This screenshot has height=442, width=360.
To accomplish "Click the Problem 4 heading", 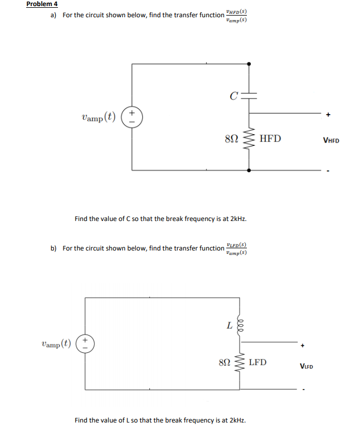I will pyautogui.click(x=42, y=4).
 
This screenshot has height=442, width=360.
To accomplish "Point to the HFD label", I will pyautogui.click(x=271, y=139).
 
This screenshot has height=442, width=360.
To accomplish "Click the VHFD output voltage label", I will pyautogui.click(x=330, y=140).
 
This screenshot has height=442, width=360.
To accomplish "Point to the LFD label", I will pyautogui.click(x=257, y=362).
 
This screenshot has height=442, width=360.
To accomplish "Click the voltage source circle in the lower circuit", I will pyautogui.click(x=85, y=342).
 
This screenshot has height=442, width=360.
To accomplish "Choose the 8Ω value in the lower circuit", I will pyautogui.click(x=225, y=363).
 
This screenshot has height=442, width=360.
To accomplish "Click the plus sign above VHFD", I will pyautogui.click(x=329, y=115).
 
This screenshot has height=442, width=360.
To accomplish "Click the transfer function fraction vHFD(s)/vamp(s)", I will pyautogui.click(x=237, y=15).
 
